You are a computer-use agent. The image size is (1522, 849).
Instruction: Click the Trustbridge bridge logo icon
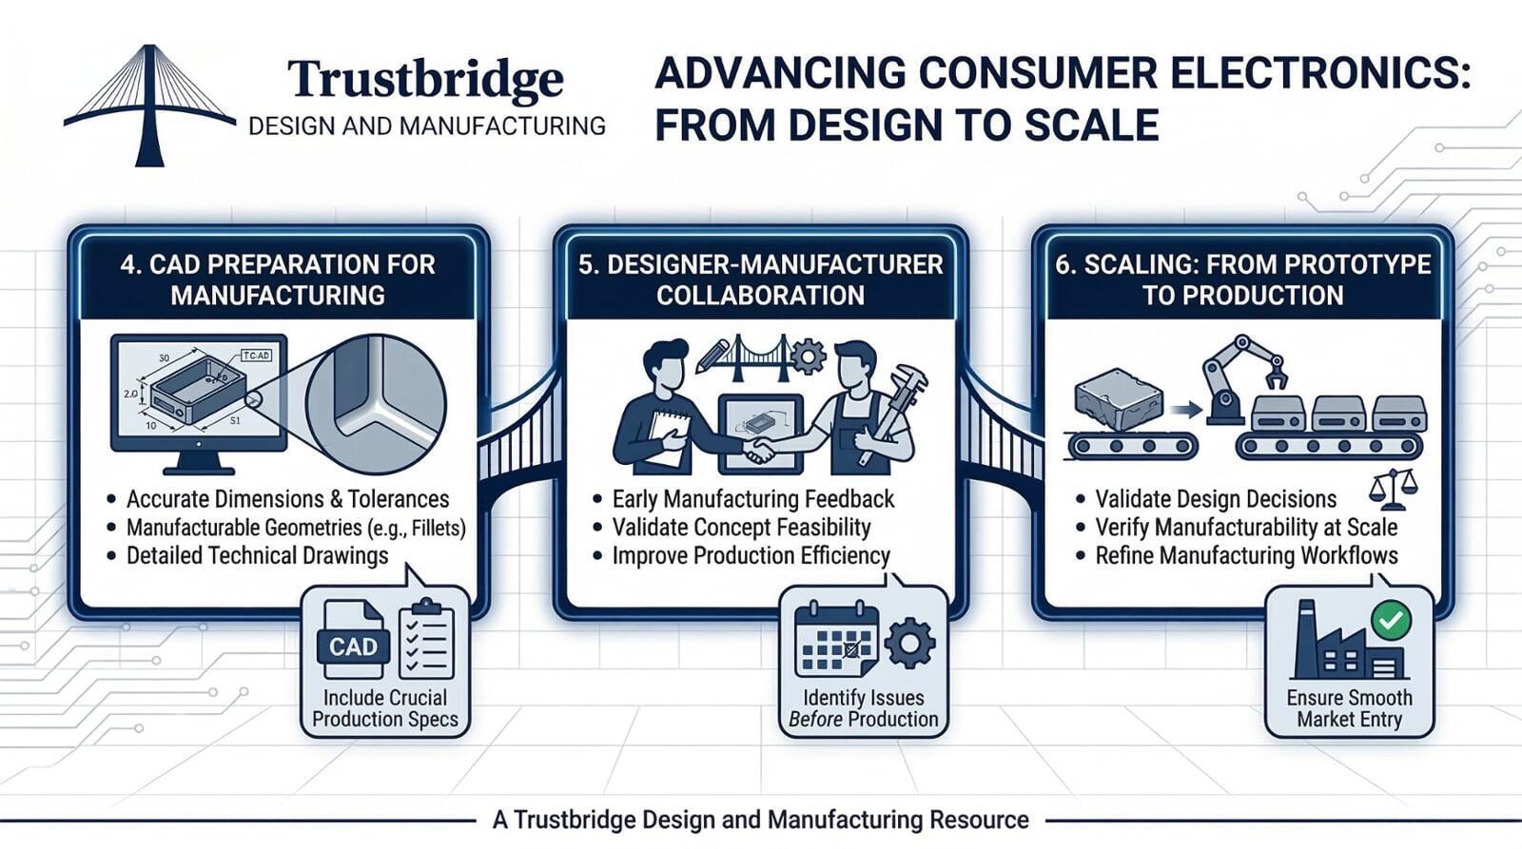(148, 105)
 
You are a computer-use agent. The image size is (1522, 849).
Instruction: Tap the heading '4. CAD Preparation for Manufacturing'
(278, 280)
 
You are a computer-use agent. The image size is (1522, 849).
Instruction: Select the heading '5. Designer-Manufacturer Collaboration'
(760, 280)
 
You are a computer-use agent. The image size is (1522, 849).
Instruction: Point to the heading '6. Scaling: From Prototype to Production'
(1242, 280)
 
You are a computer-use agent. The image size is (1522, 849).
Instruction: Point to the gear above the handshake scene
(809, 357)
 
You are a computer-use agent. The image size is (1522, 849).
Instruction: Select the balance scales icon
(1393, 490)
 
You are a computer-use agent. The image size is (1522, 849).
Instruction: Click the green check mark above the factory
(1391, 621)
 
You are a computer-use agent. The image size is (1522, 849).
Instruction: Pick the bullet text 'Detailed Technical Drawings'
(257, 556)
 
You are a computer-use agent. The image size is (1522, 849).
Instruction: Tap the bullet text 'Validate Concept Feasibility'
(741, 528)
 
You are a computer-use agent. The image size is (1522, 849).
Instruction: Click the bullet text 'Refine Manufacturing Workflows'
(1246, 556)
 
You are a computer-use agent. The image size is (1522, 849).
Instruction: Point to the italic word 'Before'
(815, 720)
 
